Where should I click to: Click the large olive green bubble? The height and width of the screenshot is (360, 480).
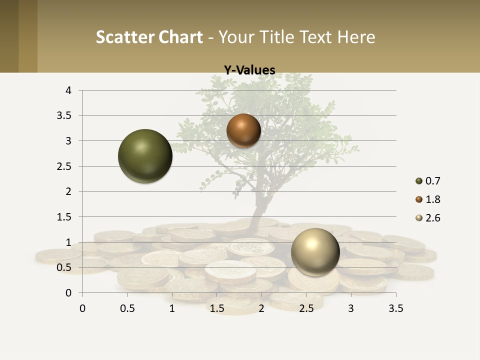pos(145,156)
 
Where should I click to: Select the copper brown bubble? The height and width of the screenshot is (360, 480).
pos(243,130)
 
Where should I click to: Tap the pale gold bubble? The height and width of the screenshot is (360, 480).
pos(315,252)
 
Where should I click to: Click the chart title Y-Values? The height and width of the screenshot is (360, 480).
pos(249,70)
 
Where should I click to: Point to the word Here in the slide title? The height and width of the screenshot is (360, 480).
pos(356,37)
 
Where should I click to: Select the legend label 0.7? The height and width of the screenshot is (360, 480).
pos(432,181)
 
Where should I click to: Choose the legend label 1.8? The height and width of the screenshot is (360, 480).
pos(432,199)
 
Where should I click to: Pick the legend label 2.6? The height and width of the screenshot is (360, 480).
pos(432,218)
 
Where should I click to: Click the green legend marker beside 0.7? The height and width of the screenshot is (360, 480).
pos(419,181)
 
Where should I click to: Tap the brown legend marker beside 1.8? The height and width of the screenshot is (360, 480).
pos(419,199)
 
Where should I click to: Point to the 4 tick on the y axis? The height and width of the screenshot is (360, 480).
pos(68,90)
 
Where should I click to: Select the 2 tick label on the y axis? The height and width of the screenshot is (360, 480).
pos(68,191)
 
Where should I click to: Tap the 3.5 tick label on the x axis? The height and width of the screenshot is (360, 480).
pos(396,308)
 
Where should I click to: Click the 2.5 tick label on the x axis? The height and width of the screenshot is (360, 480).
pos(306,308)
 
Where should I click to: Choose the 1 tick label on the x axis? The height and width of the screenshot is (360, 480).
pos(172,308)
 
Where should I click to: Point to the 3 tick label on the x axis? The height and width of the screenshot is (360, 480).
pos(351,308)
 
